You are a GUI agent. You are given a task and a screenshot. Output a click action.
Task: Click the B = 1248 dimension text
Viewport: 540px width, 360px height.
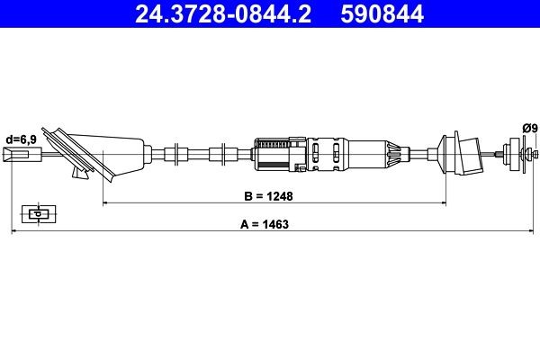(x=269, y=194)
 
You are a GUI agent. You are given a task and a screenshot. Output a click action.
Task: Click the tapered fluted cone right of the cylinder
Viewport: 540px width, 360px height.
(x=391, y=154)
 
